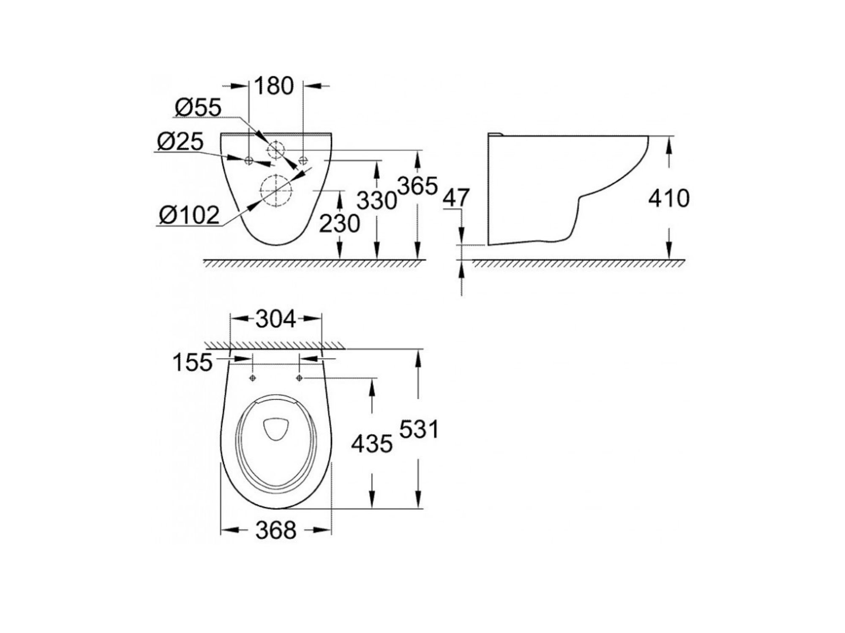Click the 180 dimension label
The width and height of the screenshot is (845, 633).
[x=274, y=86]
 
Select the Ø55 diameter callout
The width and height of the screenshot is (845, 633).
[x=198, y=108]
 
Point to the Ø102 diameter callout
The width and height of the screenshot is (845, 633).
[x=189, y=215]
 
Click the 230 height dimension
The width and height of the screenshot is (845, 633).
[x=339, y=223]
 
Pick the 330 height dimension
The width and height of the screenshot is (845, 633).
[x=377, y=200]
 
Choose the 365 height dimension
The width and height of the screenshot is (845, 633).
[x=417, y=186]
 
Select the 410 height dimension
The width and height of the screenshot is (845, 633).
[x=669, y=198]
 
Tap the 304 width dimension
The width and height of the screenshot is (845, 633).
[x=276, y=319]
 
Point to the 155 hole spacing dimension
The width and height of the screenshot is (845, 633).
[x=193, y=362]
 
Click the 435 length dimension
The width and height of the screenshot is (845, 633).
[x=372, y=444]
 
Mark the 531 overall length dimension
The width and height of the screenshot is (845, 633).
[x=419, y=430]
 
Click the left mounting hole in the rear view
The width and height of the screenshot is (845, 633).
[x=249, y=160]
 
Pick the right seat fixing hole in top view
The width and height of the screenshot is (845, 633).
[x=300, y=377]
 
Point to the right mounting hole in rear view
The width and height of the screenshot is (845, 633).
[x=303, y=160]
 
